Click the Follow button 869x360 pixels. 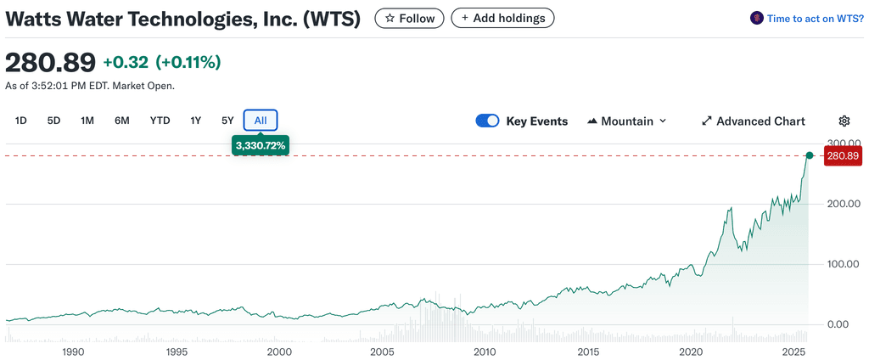410,18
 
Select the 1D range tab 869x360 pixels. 21,121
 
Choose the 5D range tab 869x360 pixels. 53,121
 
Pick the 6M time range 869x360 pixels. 122,121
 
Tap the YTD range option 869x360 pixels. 160,121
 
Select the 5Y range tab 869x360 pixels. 227,121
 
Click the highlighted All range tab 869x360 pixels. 261,121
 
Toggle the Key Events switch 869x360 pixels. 487,121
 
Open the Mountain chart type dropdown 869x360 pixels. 627,121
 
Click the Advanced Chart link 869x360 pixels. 753,121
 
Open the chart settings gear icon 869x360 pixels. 844,121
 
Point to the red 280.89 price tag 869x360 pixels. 843,156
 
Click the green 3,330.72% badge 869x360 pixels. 261,146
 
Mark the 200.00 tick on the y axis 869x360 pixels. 844,204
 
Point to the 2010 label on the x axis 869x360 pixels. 485,352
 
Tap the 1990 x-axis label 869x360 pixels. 73,352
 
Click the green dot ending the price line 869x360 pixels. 810,155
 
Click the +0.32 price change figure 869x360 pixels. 126,62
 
